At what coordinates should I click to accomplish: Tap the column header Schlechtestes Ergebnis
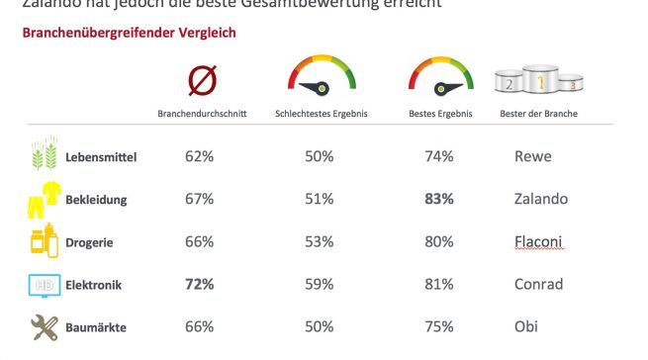321,114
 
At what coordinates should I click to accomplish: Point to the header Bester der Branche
539,114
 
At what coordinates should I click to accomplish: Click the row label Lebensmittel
100,157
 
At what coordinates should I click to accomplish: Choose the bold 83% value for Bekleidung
437,199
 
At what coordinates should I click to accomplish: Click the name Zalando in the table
541,199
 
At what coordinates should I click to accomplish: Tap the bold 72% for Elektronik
200,285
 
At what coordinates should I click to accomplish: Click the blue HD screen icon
43,285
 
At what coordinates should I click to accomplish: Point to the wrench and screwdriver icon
43,327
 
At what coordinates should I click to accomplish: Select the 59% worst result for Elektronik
319,285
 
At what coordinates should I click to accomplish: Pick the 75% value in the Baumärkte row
437,327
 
